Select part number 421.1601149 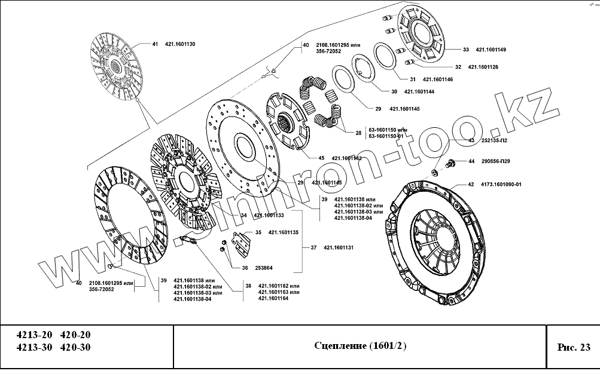tap(491, 50)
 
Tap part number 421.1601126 tap(483, 67)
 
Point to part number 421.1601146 tap(437, 79)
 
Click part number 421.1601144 tap(419, 92)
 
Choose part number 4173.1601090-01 tap(501, 185)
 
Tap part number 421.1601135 tap(284, 232)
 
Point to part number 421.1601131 tap(339, 247)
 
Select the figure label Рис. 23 tap(573, 347)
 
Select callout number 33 tap(467, 50)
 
